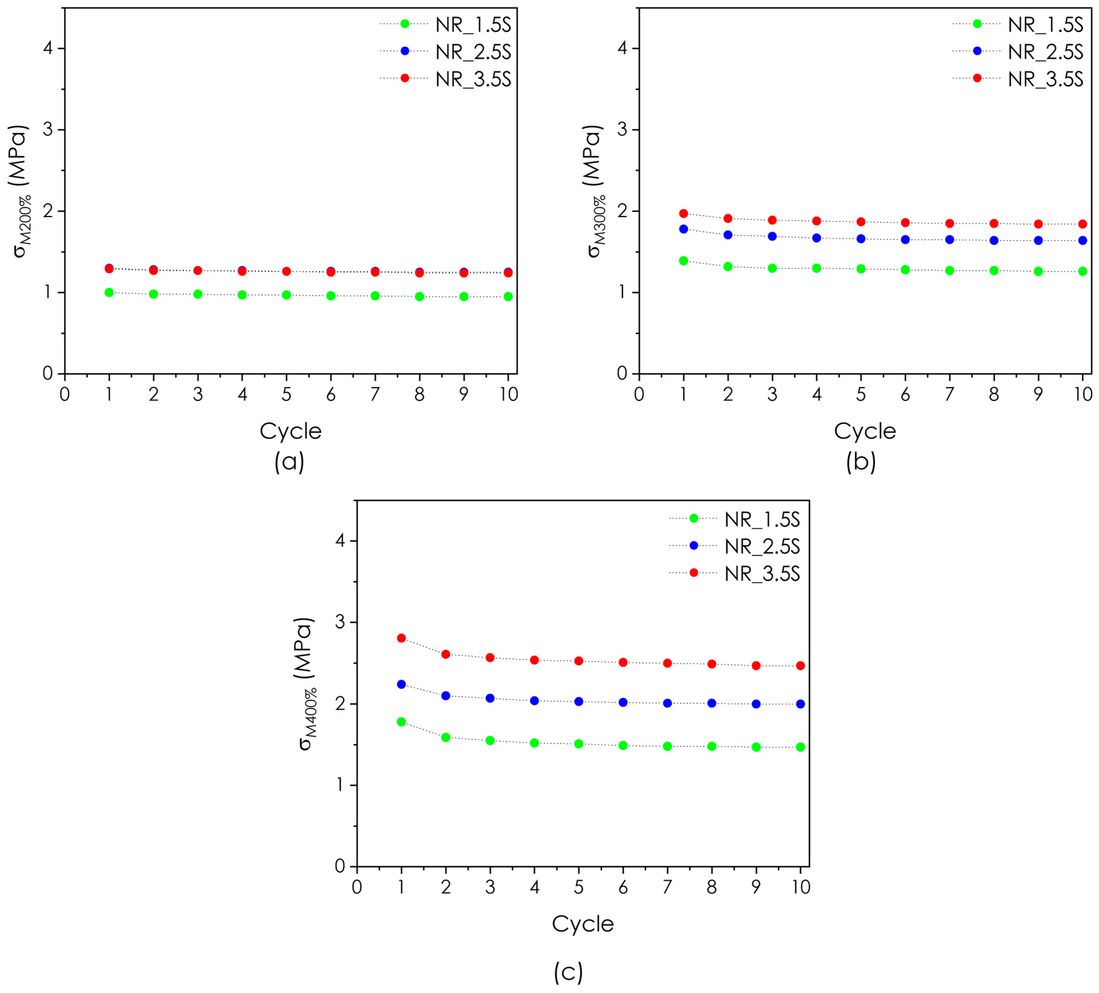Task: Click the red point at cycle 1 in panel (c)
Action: [x=401, y=638]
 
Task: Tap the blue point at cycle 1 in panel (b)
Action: [x=683, y=229]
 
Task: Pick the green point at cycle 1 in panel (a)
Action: [x=109, y=292]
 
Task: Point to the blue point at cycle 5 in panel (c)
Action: [x=579, y=701]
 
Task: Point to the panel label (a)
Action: [x=289, y=462]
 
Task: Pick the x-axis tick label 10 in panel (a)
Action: [x=508, y=394]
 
